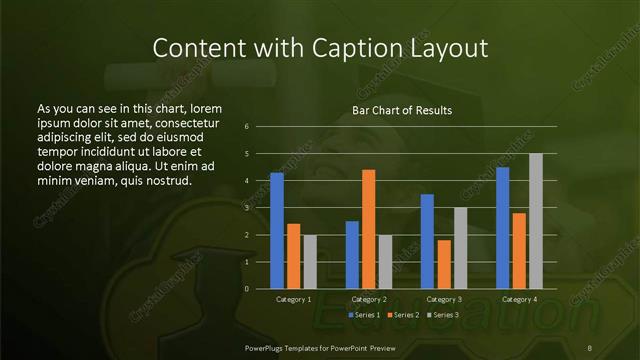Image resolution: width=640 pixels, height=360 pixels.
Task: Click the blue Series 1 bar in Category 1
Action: click(277, 231)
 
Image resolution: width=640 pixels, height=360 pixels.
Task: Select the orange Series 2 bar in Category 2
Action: click(369, 229)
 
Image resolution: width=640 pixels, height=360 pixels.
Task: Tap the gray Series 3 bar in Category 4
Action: click(536, 221)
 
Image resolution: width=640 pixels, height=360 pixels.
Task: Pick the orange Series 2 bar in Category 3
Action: click(444, 264)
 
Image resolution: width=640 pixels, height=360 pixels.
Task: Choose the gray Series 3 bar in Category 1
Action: click(310, 262)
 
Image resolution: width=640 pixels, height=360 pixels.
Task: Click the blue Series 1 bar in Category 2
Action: click(352, 255)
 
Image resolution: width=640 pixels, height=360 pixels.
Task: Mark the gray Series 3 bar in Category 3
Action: click(460, 248)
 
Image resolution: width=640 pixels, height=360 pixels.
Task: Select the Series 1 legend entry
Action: click(365, 315)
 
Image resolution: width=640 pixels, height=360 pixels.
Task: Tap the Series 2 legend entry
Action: click(403, 315)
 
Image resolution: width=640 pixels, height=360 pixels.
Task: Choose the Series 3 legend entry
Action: click(442, 315)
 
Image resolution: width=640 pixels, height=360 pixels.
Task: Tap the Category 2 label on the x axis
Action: click(369, 299)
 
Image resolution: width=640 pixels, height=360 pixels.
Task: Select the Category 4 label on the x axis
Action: click(519, 299)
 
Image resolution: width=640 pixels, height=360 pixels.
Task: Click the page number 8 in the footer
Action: click(590, 347)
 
